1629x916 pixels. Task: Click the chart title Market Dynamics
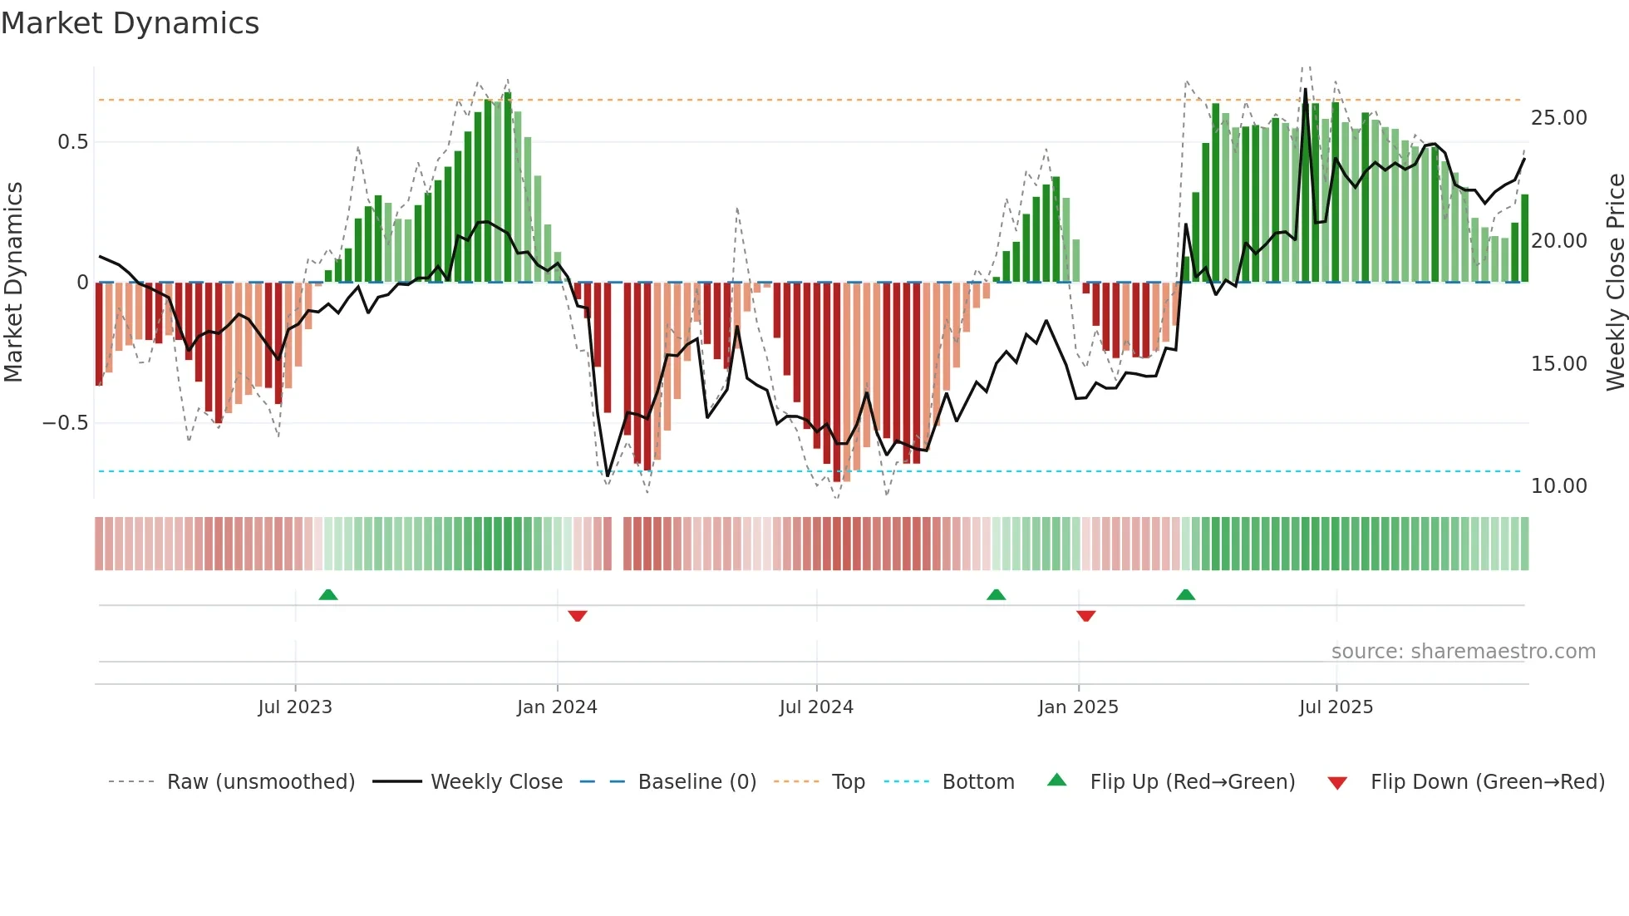(130, 23)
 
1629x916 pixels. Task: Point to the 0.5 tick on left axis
(72, 142)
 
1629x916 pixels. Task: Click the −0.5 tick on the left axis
(65, 423)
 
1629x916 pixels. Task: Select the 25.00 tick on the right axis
(1558, 118)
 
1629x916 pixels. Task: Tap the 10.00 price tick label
(1558, 486)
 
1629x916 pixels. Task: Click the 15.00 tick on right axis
(1558, 364)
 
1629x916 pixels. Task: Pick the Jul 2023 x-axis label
(295, 707)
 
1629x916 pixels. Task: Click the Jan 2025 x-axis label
(1078, 707)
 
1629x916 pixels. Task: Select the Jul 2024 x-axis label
(816, 707)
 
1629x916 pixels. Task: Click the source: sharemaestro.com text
(1463, 652)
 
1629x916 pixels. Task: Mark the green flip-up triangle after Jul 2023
(328, 594)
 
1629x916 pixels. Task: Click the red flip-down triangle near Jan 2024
(578, 616)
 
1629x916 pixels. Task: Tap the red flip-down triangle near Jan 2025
(1085, 616)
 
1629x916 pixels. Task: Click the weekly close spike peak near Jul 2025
(1305, 90)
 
